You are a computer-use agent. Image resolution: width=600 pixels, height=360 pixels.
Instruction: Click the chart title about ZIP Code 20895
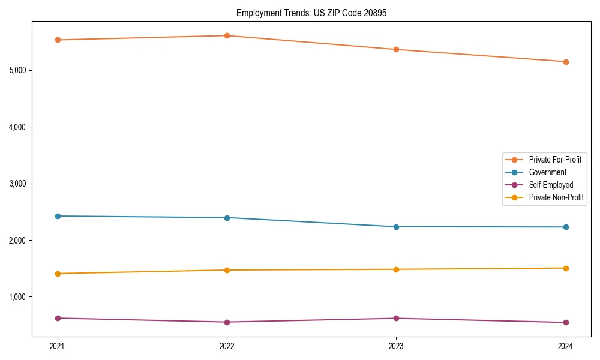tap(311, 13)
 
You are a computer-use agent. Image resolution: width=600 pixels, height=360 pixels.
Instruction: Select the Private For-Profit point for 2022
tap(227, 35)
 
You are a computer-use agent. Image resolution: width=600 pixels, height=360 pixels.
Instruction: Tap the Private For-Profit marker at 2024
tap(566, 62)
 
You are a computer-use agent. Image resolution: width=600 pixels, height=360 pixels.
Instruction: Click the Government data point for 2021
tap(58, 216)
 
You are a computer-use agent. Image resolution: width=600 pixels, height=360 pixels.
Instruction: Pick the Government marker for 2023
tap(396, 227)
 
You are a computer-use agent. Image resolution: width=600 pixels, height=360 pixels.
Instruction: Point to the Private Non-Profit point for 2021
tap(58, 274)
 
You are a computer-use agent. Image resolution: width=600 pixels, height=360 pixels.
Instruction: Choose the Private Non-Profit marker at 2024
tap(566, 268)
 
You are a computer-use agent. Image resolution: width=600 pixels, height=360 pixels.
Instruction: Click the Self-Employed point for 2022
tap(227, 322)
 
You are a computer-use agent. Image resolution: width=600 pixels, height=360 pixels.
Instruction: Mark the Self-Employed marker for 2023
tap(396, 318)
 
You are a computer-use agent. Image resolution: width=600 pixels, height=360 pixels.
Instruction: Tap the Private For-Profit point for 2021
tap(58, 40)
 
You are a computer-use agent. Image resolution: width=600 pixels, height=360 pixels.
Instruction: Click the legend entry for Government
tap(547, 172)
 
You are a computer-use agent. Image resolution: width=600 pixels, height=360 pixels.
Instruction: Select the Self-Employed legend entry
tap(551, 185)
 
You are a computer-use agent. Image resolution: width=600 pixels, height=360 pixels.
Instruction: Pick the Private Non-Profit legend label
tap(556, 197)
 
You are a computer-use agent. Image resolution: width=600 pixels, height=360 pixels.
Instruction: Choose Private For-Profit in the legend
tap(555, 160)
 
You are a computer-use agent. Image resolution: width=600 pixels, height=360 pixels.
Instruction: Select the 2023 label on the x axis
tap(396, 346)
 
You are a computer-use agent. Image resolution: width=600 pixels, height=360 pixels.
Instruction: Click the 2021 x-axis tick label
tap(58, 346)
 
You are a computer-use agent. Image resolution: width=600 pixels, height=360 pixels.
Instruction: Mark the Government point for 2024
tap(566, 227)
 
